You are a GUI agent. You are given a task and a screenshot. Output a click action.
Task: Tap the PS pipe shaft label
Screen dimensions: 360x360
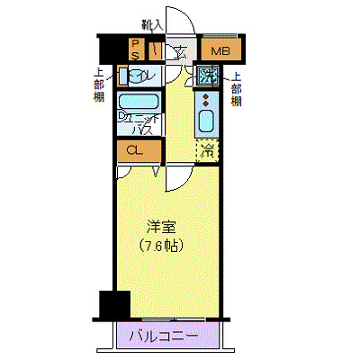(136, 49)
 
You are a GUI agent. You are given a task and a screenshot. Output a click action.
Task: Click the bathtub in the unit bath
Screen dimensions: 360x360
(139, 103)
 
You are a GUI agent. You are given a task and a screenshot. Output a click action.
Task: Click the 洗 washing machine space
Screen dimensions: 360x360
(209, 74)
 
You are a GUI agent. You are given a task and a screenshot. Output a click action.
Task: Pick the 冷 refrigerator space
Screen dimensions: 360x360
(208, 150)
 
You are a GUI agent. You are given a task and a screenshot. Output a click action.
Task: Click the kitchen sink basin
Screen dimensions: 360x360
(208, 119)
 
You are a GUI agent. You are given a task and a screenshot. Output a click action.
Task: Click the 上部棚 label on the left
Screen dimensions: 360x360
(97, 87)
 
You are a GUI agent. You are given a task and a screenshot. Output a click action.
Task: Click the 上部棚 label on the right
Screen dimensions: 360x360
(236, 88)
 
